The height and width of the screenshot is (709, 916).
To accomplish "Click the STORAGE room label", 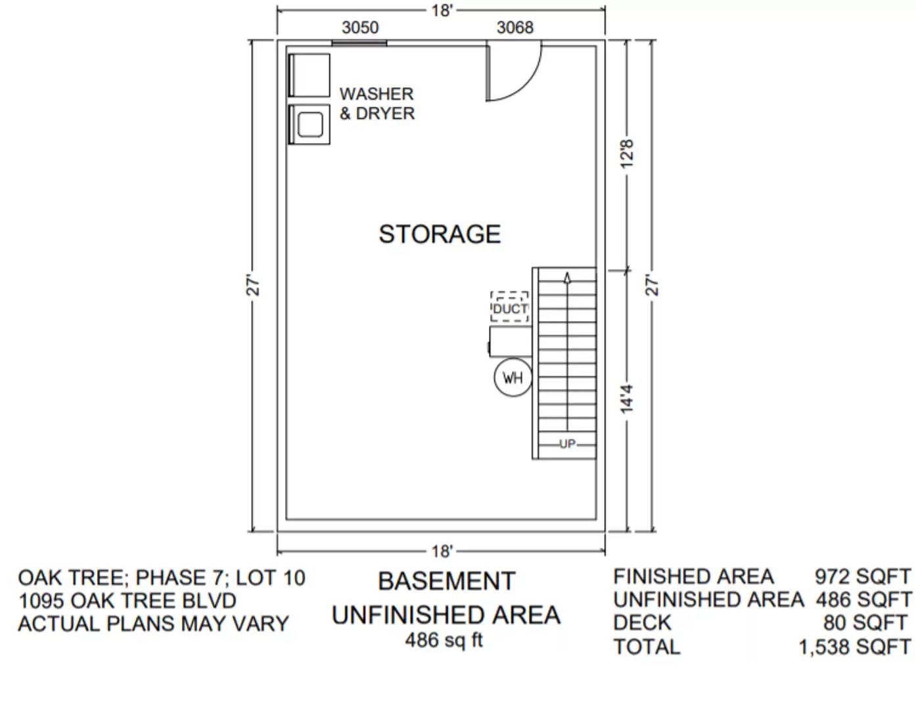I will (x=440, y=234).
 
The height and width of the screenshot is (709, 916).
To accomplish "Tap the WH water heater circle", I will (x=513, y=377).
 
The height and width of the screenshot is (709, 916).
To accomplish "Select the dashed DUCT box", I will (x=510, y=307).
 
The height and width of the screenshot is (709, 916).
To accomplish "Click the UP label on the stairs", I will (x=567, y=444).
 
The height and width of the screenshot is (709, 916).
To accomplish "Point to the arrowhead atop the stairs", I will (x=567, y=278).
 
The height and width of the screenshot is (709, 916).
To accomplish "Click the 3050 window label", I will (x=360, y=28).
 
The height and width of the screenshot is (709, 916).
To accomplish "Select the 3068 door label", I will (x=515, y=28).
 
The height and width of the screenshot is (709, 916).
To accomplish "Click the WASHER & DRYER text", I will (x=377, y=104).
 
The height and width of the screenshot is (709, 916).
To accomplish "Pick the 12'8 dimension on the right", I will (x=628, y=154).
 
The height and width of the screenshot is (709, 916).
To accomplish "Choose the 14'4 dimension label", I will (x=628, y=399).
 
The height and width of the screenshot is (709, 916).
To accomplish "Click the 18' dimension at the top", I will (x=442, y=11).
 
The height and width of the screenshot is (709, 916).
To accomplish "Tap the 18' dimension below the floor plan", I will (x=442, y=551).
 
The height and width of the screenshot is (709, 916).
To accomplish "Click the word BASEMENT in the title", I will (x=446, y=582).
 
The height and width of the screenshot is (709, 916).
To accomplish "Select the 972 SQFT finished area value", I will (x=862, y=576).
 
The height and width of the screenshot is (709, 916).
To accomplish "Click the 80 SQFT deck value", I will (x=865, y=622).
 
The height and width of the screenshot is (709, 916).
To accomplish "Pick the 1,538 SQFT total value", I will (x=854, y=647).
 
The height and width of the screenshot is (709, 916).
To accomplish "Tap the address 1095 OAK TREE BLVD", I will (x=127, y=601).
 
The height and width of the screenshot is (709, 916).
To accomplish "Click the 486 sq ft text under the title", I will (x=444, y=639).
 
